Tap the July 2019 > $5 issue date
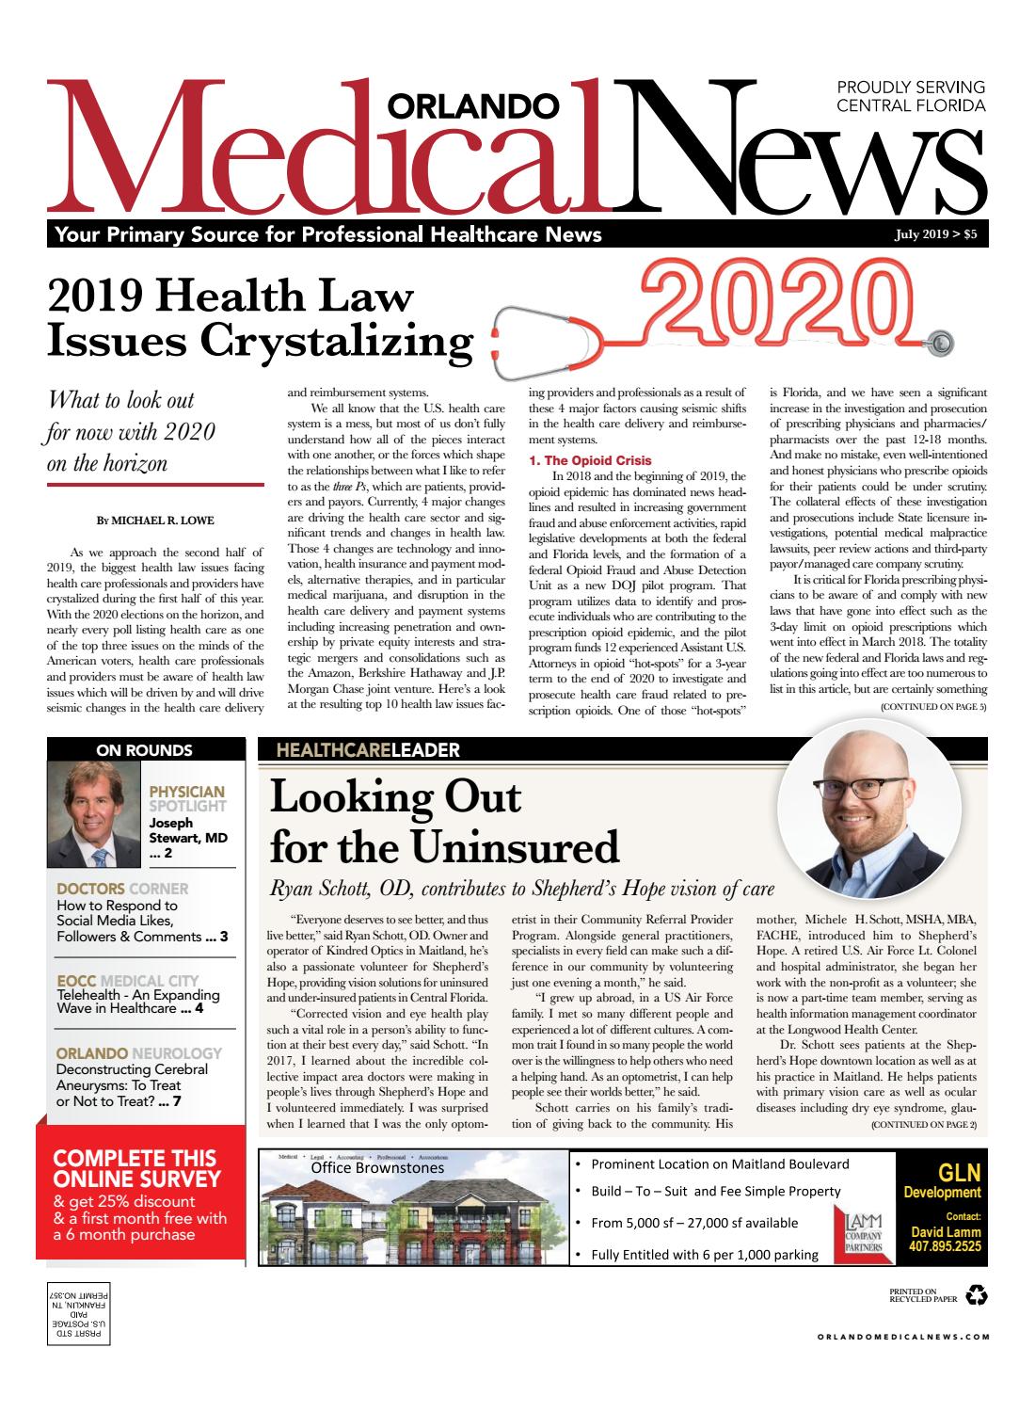click(x=935, y=235)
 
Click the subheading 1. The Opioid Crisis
click(x=590, y=461)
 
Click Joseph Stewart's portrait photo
click(x=94, y=814)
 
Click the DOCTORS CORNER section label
click(x=122, y=888)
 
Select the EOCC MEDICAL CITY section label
click(x=127, y=981)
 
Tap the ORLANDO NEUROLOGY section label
click(x=138, y=1053)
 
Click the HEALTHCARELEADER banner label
click(x=368, y=750)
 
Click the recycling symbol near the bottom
click(x=977, y=1296)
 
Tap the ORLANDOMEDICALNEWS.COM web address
click(x=902, y=1336)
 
